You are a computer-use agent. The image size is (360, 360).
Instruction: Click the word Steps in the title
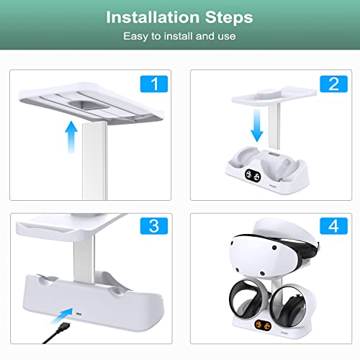click(x=227, y=16)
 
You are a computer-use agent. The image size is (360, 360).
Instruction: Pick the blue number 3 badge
click(x=153, y=225)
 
